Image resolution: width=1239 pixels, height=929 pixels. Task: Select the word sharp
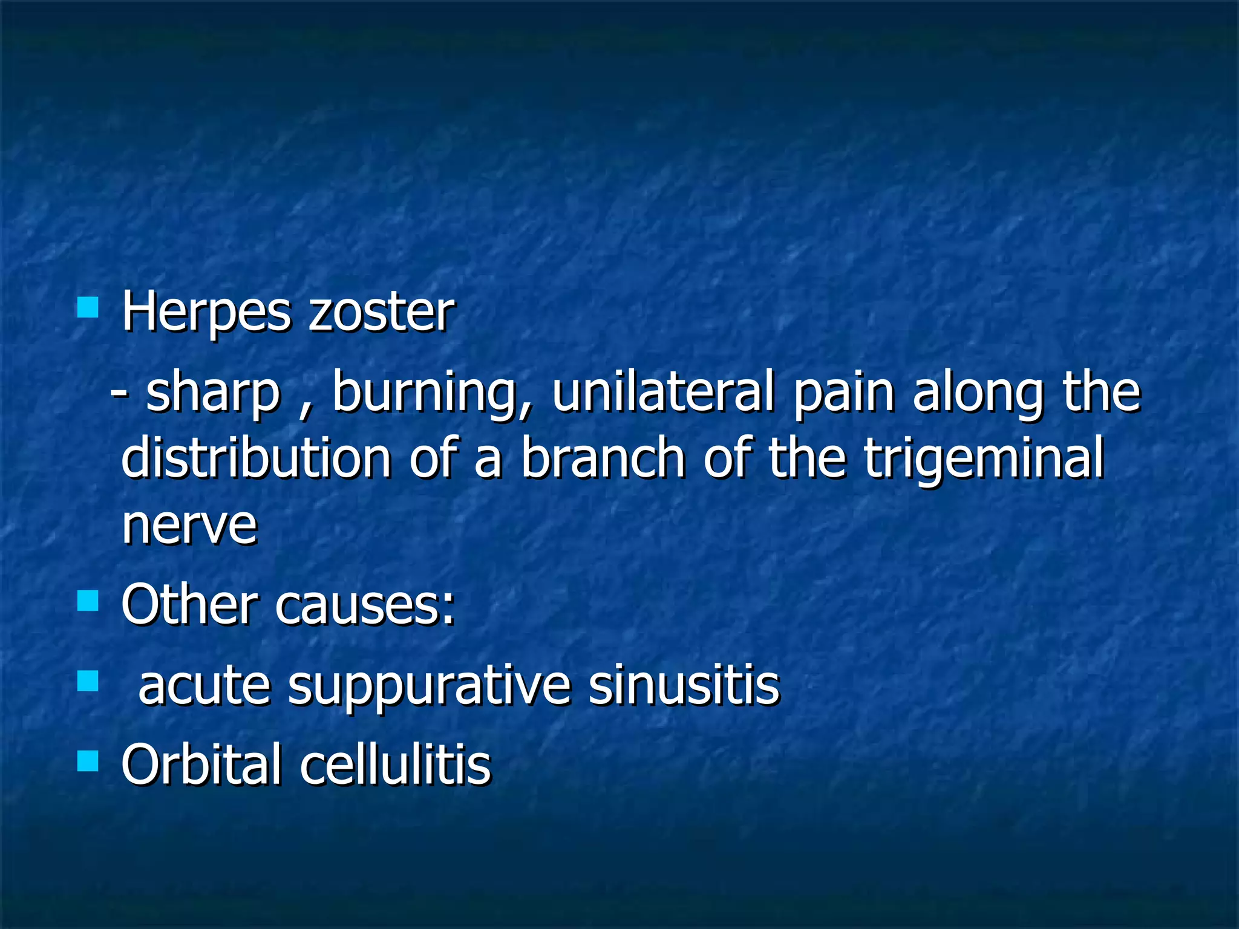[x=214, y=393]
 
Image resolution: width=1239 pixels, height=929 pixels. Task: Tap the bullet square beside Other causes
[x=88, y=601]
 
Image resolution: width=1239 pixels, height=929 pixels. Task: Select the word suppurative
[x=429, y=687]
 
